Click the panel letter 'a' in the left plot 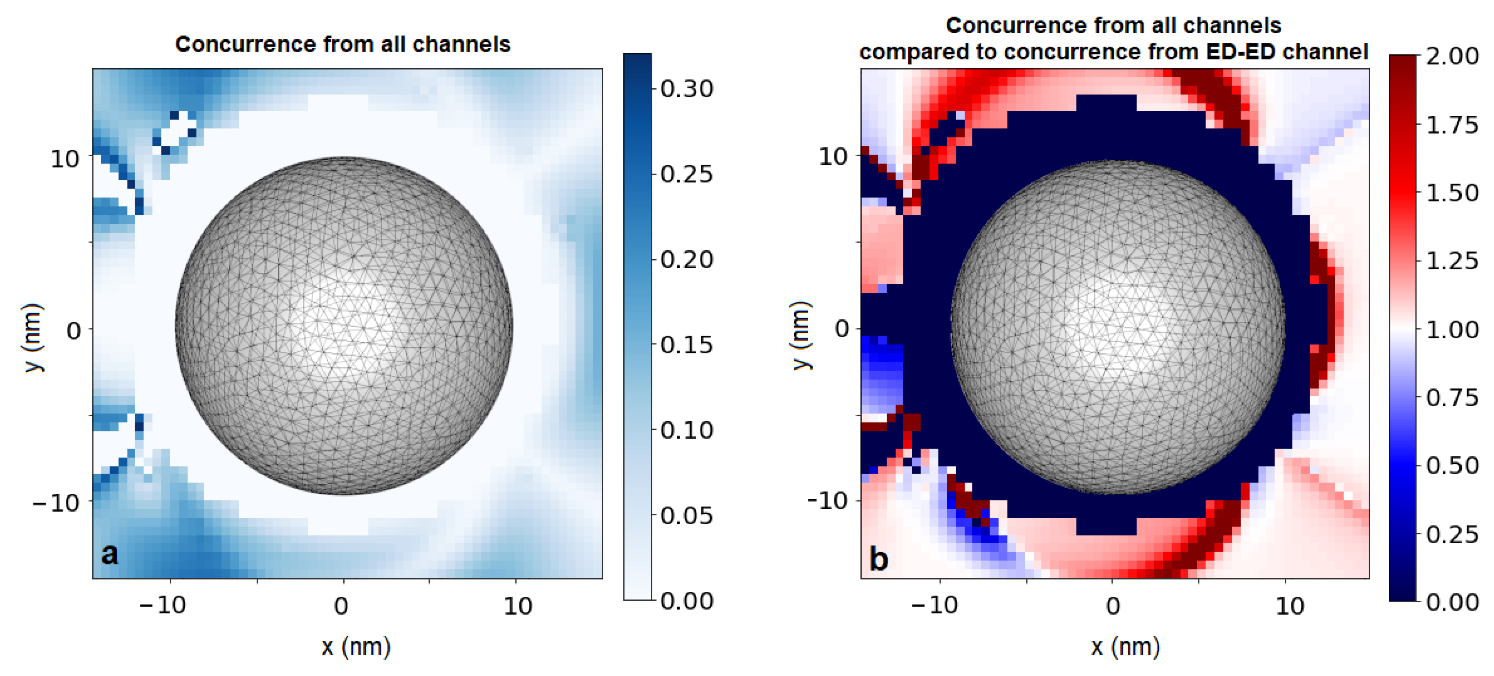click(110, 554)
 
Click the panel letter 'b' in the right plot click(879, 558)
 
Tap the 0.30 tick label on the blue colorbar click(687, 89)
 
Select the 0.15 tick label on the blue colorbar click(687, 345)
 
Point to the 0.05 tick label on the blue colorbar click(687, 515)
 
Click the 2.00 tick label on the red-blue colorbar click(1452, 56)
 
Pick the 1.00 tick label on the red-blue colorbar click(1452, 330)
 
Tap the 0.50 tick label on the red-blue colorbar click(1452, 465)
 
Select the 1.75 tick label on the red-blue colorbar click(1452, 124)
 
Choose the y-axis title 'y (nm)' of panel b click(802, 335)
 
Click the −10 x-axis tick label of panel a click(163, 606)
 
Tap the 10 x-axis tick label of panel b click(1290, 606)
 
